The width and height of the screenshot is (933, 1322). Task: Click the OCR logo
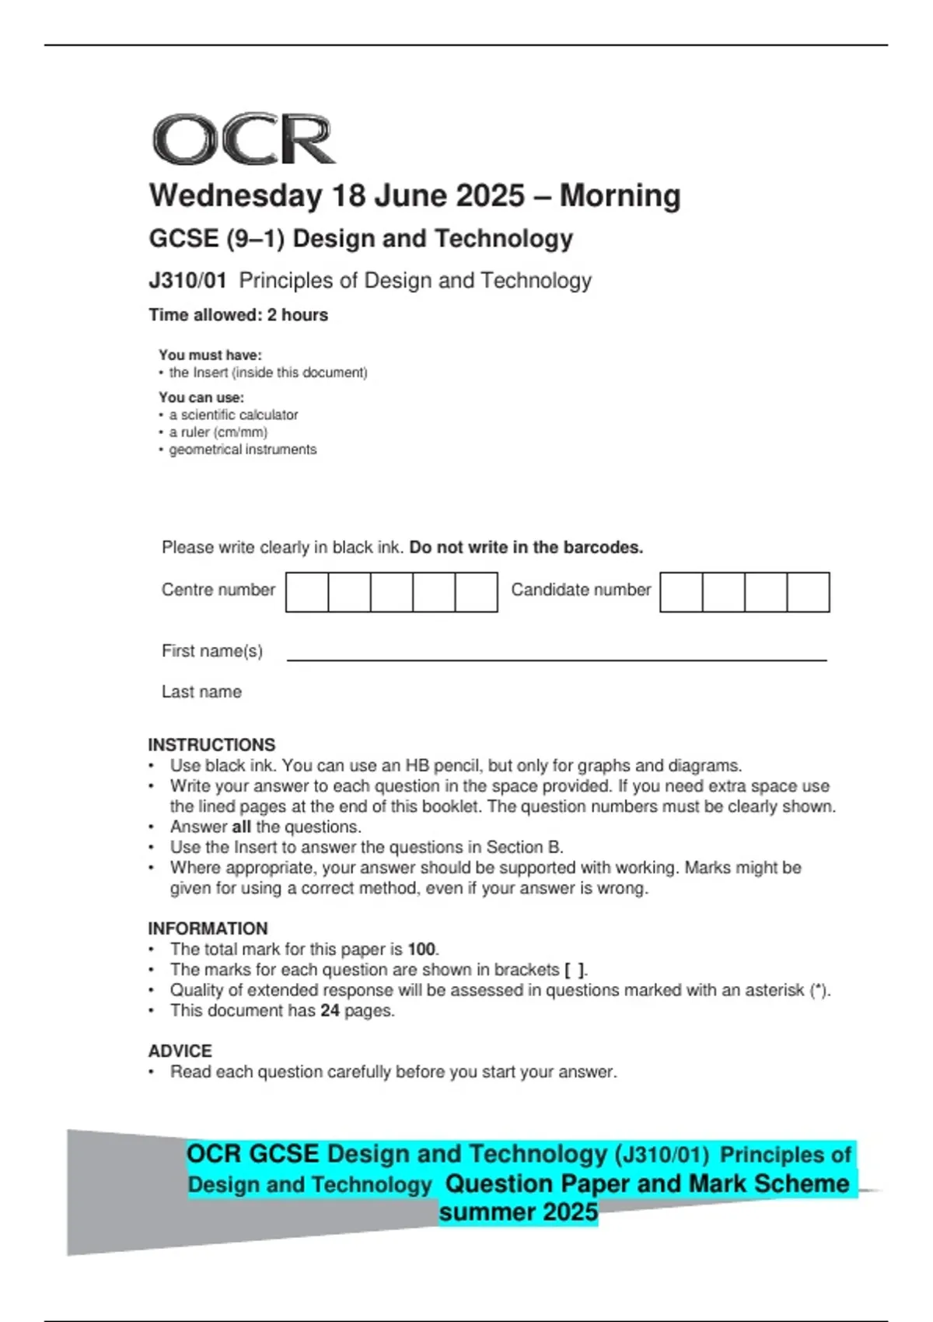(x=243, y=140)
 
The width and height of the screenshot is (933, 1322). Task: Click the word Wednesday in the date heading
(x=235, y=196)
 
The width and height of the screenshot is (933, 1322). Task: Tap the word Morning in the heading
(x=620, y=196)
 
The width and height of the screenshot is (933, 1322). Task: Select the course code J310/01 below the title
(x=187, y=281)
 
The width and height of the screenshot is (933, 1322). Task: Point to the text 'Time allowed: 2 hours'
(x=238, y=315)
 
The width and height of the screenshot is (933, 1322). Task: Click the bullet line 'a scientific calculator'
(x=233, y=415)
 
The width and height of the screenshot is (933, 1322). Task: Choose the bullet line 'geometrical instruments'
(x=243, y=449)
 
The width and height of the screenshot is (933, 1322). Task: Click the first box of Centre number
(x=307, y=593)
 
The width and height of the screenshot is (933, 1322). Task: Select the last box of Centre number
(x=476, y=593)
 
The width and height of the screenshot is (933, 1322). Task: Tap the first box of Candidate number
(x=681, y=593)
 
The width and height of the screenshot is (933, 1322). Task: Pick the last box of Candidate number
(x=808, y=593)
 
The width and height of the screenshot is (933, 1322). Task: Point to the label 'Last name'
(x=201, y=692)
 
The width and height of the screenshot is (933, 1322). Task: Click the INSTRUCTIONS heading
(x=211, y=745)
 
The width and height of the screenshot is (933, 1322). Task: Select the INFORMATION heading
(x=208, y=929)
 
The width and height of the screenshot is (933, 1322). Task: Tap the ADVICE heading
(x=180, y=1051)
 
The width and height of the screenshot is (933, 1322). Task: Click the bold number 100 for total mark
(x=421, y=950)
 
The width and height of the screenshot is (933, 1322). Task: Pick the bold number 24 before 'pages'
(x=330, y=1011)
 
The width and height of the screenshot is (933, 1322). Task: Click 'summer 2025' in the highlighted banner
(x=518, y=1212)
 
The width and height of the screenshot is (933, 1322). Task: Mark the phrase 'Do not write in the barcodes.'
(x=526, y=547)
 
